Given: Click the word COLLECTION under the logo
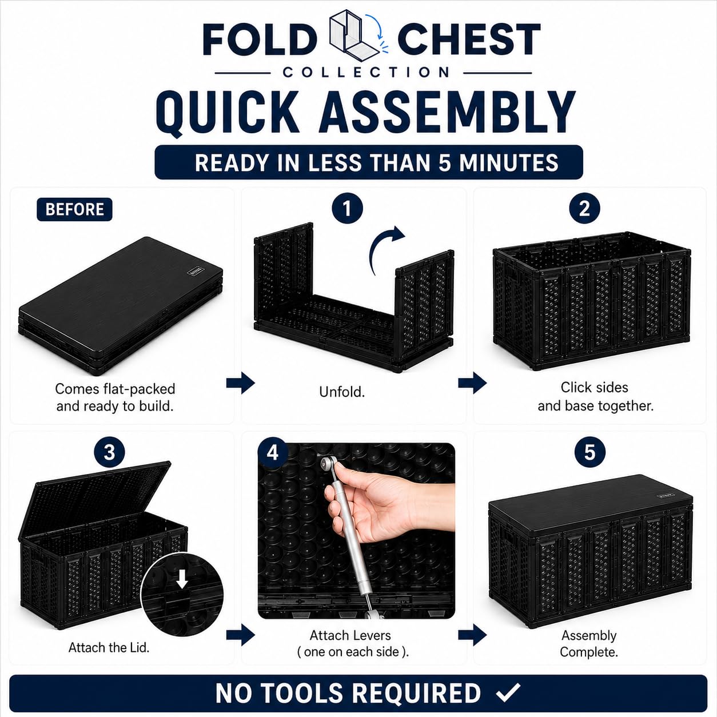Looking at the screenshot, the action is tap(366, 72).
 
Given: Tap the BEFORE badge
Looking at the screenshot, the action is tap(74, 209).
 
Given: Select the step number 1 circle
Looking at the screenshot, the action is tap(347, 208).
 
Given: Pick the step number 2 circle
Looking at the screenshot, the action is tap(584, 208).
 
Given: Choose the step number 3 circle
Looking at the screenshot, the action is tap(109, 452).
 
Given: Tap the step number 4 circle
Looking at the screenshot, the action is tap(273, 453).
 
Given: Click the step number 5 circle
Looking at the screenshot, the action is tap(589, 452).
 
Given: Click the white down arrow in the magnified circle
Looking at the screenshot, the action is tap(182, 579).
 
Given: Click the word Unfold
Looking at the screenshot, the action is tap(342, 392).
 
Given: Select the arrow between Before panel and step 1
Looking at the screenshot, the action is tap(240, 383).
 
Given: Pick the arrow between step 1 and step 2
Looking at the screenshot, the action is tap(472, 383).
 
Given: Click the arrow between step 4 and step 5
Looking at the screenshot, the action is tap(472, 635).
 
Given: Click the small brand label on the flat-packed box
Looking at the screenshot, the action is tap(196, 270).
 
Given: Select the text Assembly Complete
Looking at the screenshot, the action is tap(589, 644).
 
